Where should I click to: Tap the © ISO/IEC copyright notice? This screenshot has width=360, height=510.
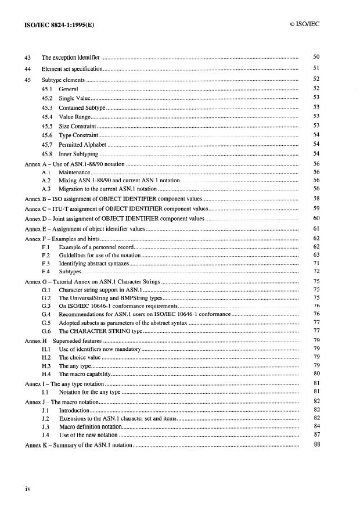coord(304,24)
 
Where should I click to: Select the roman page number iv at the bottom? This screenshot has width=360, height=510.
coord(27,489)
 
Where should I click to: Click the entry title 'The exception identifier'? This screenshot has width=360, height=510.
coord(71,58)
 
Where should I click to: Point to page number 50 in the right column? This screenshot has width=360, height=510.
coord(316,58)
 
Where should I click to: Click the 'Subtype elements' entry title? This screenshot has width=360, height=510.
coord(63,79)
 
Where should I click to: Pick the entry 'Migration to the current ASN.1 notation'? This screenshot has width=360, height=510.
coord(108,189)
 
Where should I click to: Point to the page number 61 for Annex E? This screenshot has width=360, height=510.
coord(316,228)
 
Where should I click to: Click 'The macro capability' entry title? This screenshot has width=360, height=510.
coord(85,374)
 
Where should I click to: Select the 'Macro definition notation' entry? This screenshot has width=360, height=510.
coord(90,426)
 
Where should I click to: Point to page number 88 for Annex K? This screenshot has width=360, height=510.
coord(316,444)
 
